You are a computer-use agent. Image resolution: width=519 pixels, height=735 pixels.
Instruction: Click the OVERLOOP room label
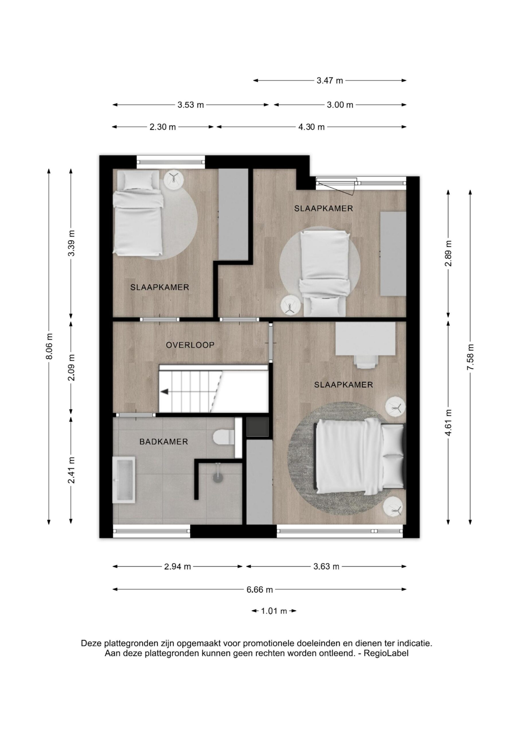click(x=190, y=345)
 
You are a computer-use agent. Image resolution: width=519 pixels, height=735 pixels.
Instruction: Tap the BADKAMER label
click(x=164, y=442)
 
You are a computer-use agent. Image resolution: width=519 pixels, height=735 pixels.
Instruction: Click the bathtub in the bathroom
click(x=124, y=480)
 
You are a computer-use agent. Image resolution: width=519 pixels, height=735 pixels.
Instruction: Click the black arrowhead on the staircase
click(x=164, y=392)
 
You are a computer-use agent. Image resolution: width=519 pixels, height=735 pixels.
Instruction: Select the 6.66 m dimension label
click(x=259, y=589)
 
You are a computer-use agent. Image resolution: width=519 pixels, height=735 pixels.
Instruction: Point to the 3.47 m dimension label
click(x=330, y=81)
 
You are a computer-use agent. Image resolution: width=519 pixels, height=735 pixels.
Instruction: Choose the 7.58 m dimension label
click(x=470, y=357)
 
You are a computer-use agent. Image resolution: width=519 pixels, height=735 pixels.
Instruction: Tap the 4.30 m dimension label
click(x=311, y=127)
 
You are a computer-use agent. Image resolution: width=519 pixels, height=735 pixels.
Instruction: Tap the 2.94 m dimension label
click(x=177, y=567)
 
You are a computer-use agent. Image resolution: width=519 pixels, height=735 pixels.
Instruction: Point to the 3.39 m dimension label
click(x=71, y=243)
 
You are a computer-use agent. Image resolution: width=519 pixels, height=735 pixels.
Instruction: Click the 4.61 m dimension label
click(x=448, y=423)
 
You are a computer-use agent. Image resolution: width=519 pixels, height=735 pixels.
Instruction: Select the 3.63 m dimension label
click(x=326, y=567)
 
